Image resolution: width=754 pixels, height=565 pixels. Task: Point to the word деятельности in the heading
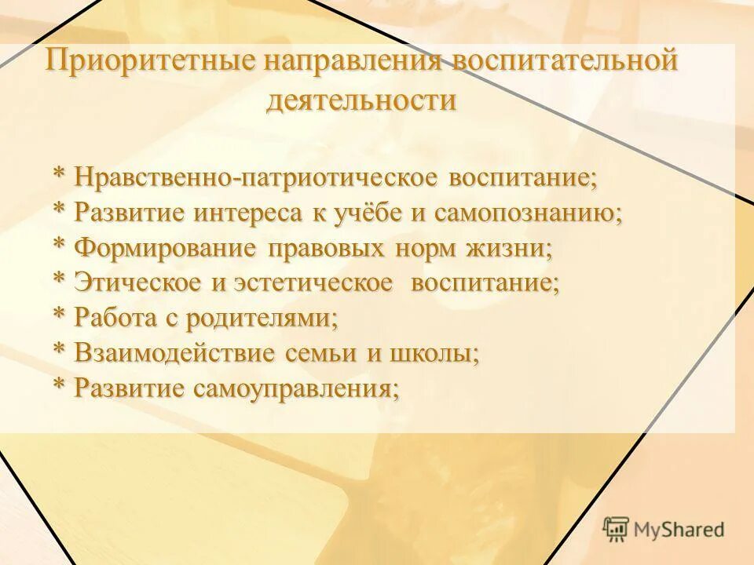(361, 100)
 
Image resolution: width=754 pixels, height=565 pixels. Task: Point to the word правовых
(326, 248)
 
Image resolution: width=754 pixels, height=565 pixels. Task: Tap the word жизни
(510, 248)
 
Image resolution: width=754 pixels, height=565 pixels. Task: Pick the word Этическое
(138, 283)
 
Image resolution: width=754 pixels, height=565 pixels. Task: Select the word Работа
(116, 318)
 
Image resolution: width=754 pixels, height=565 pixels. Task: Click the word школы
(437, 353)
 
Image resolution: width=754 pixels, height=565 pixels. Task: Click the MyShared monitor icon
(616, 529)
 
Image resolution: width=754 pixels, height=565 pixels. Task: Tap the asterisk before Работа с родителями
(60, 315)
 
